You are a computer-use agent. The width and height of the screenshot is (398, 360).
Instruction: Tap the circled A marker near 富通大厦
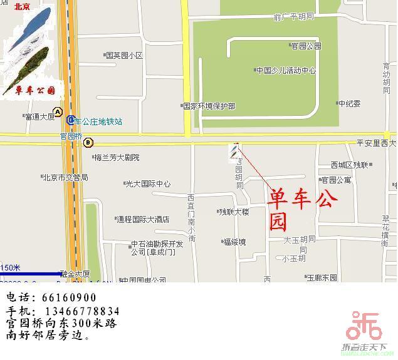pyautogui.click(x=58, y=112)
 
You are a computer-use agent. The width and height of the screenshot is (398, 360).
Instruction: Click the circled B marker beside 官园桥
pyautogui.click(x=88, y=141)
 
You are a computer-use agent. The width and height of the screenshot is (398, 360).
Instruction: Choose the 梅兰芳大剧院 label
pyautogui.click(x=117, y=158)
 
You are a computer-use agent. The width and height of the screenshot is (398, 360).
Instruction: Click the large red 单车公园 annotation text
pyautogui.click(x=303, y=210)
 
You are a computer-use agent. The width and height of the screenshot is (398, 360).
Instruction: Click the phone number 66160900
pyautogui.click(x=70, y=298)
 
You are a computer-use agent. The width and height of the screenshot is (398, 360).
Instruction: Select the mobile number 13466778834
pyautogui.click(x=81, y=311)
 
